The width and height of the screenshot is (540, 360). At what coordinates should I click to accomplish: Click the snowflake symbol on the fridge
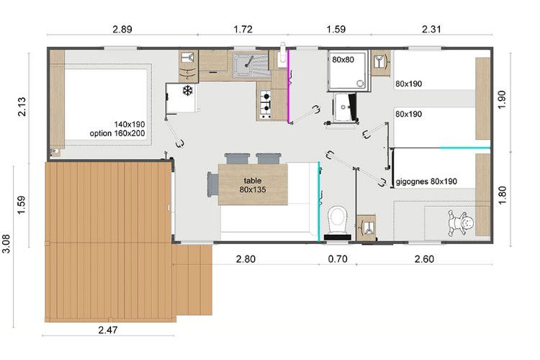[x=187, y=91]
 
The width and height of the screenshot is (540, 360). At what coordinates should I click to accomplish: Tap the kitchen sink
[x=251, y=66]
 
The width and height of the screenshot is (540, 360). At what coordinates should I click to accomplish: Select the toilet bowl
[x=338, y=220]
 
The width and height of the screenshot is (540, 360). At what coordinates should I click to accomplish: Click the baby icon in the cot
[x=460, y=222]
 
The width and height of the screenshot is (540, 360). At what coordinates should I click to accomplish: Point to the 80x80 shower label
[x=343, y=60]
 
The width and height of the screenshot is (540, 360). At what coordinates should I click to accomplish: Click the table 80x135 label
[x=253, y=185]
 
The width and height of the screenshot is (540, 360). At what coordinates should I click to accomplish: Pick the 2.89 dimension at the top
[x=122, y=30]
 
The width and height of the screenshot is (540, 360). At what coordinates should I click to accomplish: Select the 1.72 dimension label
[x=243, y=30]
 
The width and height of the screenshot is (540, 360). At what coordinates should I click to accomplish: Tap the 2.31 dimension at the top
[x=431, y=30]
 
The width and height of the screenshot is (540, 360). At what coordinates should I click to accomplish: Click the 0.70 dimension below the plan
[x=338, y=259]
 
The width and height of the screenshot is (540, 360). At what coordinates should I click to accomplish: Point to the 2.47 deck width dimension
[x=108, y=330]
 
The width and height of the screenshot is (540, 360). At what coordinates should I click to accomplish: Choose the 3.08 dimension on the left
[x=6, y=244]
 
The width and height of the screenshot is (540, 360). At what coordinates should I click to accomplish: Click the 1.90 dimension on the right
[x=502, y=99]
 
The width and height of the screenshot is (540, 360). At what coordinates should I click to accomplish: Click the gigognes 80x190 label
[x=426, y=181]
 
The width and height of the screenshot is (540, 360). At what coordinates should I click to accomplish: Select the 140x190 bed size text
[x=130, y=125]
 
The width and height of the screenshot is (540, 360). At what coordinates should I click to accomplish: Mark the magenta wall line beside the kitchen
[x=288, y=86]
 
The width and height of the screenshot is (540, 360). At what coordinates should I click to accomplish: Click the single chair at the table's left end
[x=213, y=184]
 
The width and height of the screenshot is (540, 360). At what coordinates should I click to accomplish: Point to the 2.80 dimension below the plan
[x=246, y=259]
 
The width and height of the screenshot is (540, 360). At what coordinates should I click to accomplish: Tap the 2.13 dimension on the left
[x=22, y=107]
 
